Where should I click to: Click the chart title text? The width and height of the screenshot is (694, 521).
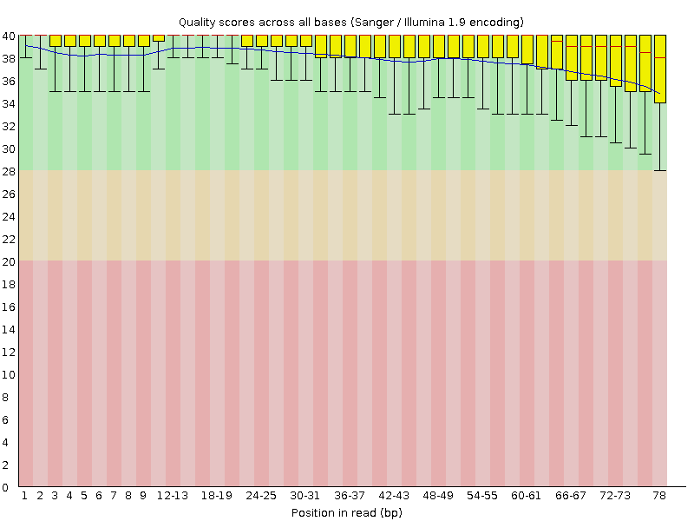pos(350,21)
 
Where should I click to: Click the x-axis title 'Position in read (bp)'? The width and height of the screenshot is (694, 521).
pos(346,512)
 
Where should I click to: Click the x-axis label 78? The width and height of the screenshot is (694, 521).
pos(659,496)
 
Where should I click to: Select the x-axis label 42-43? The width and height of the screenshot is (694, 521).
pos(394,496)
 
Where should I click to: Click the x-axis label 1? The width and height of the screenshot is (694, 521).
pos(25,496)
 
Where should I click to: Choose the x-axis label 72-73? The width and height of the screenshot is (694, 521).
pos(615,496)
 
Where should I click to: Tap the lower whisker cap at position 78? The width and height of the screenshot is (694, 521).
pos(659,170)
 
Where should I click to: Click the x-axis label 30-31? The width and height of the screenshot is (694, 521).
pos(305,496)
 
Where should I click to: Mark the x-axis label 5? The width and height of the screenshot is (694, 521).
pos(84,496)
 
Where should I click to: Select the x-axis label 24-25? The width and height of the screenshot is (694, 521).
pos(261,496)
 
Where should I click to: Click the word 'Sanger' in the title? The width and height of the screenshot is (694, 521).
pos(376,21)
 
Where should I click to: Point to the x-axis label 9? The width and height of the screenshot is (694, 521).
pos(143,496)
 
